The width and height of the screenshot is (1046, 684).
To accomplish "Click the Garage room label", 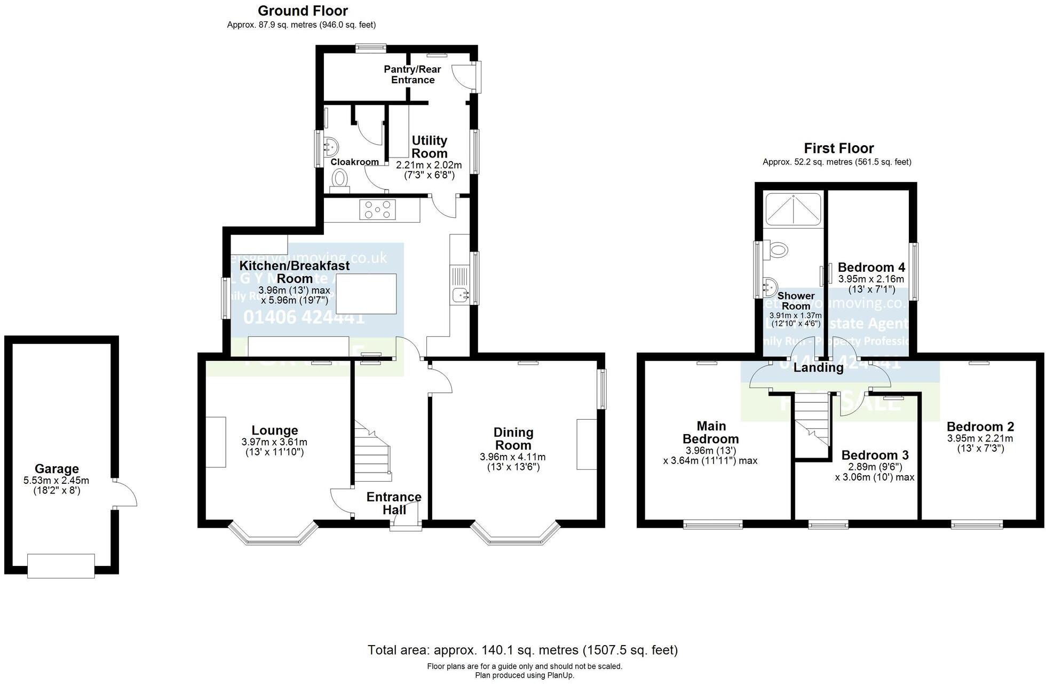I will (x=57, y=469).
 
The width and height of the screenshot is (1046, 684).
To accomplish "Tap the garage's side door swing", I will (x=126, y=493).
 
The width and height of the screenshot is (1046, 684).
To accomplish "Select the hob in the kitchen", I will (x=378, y=209).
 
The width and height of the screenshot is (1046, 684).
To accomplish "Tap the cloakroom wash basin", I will (x=330, y=146).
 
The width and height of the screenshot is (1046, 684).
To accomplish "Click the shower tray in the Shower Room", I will (x=793, y=209).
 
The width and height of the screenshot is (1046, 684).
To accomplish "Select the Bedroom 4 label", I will (x=871, y=268).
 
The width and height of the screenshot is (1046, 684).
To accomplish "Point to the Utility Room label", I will (x=430, y=147).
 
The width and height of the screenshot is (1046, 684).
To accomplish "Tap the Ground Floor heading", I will (x=303, y=11).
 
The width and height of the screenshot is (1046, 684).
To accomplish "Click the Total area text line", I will (x=522, y=650).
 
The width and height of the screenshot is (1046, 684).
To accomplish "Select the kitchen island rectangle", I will (x=367, y=294).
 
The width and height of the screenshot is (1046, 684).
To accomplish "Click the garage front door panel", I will (x=61, y=565).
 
